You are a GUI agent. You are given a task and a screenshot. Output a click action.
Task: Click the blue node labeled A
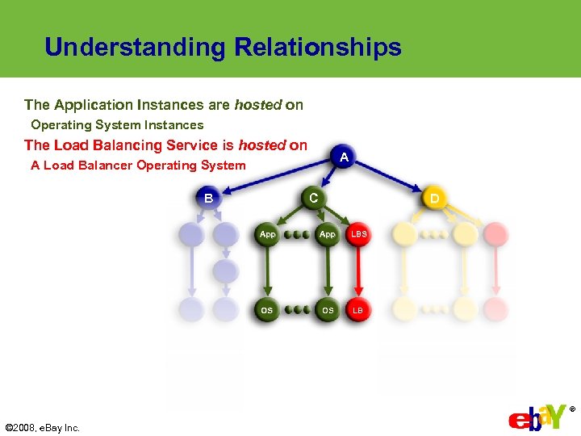pos(344,157)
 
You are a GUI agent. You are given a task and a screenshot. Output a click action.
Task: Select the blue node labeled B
pos(208,198)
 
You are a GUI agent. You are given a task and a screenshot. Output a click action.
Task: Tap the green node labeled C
pos(313,198)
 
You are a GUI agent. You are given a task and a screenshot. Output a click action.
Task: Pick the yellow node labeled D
pos(435,198)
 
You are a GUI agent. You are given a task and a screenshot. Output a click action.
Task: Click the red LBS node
pos(359,234)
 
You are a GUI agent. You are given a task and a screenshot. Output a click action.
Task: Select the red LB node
pos(359,310)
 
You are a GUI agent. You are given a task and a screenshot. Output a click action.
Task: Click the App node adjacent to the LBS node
pos(327,234)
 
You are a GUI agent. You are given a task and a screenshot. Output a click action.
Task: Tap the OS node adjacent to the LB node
pos(327,310)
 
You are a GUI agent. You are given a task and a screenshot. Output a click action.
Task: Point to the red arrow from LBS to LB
pos(359,273)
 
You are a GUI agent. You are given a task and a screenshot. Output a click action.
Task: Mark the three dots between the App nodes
pos(297,235)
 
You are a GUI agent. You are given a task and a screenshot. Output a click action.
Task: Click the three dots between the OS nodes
pos(297,310)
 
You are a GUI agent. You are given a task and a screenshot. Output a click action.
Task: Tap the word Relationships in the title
pos(318,47)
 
